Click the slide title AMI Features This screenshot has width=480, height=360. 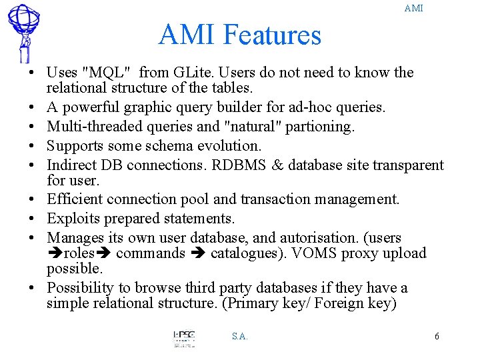coord(239,35)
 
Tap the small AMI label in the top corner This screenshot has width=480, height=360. coord(413,8)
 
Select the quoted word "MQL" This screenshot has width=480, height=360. coord(109,73)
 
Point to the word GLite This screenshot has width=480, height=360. coord(194,73)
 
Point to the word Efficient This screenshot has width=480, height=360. coord(75,199)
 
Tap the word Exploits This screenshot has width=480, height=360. coord(71,218)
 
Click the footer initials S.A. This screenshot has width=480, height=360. coord(240,337)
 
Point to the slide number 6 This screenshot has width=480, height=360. coord(437,336)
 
